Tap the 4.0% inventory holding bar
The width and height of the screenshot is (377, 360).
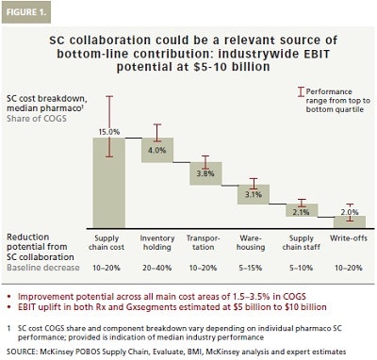158,149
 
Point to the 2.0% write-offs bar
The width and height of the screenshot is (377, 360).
350,221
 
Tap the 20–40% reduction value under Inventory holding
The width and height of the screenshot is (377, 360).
158,269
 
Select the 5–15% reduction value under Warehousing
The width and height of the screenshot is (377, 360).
253,269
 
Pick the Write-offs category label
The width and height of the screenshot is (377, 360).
350,237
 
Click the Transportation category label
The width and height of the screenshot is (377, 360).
205,241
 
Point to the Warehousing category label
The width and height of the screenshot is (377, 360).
253,241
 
